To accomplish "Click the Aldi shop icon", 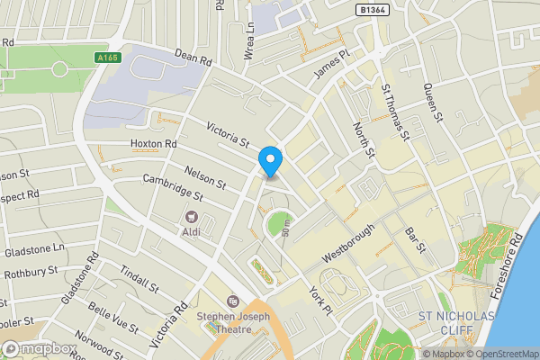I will point(191,217).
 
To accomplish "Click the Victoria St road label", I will point(228,135).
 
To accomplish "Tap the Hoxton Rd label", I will point(153,144).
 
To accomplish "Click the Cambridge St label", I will point(174,187).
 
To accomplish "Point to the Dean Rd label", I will point(193,58).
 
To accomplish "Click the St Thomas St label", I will point(395,112).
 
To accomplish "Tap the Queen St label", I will point(435,102).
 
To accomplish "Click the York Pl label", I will point(320,301).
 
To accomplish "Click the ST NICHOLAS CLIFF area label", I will point(456,323).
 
